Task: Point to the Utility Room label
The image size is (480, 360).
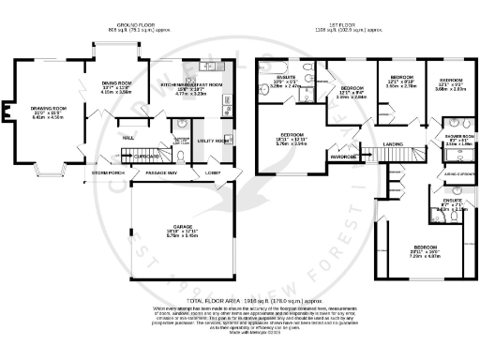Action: (x=215, y=141)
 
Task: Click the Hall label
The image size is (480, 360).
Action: (x=128, y=136)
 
